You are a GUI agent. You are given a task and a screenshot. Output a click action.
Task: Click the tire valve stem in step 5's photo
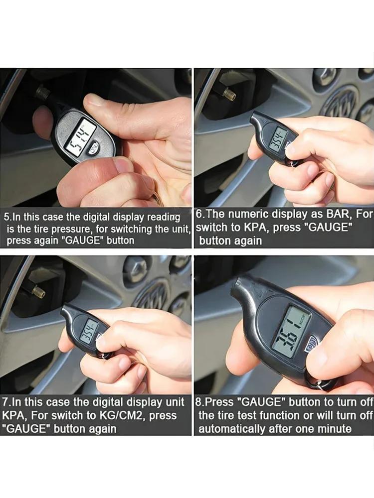click(43, 93)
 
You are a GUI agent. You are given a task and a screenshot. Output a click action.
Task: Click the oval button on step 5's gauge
click(94, 148)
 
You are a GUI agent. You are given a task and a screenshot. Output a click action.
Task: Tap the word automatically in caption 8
click(231, 429)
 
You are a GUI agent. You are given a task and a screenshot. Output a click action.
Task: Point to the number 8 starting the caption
click(198, 402)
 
